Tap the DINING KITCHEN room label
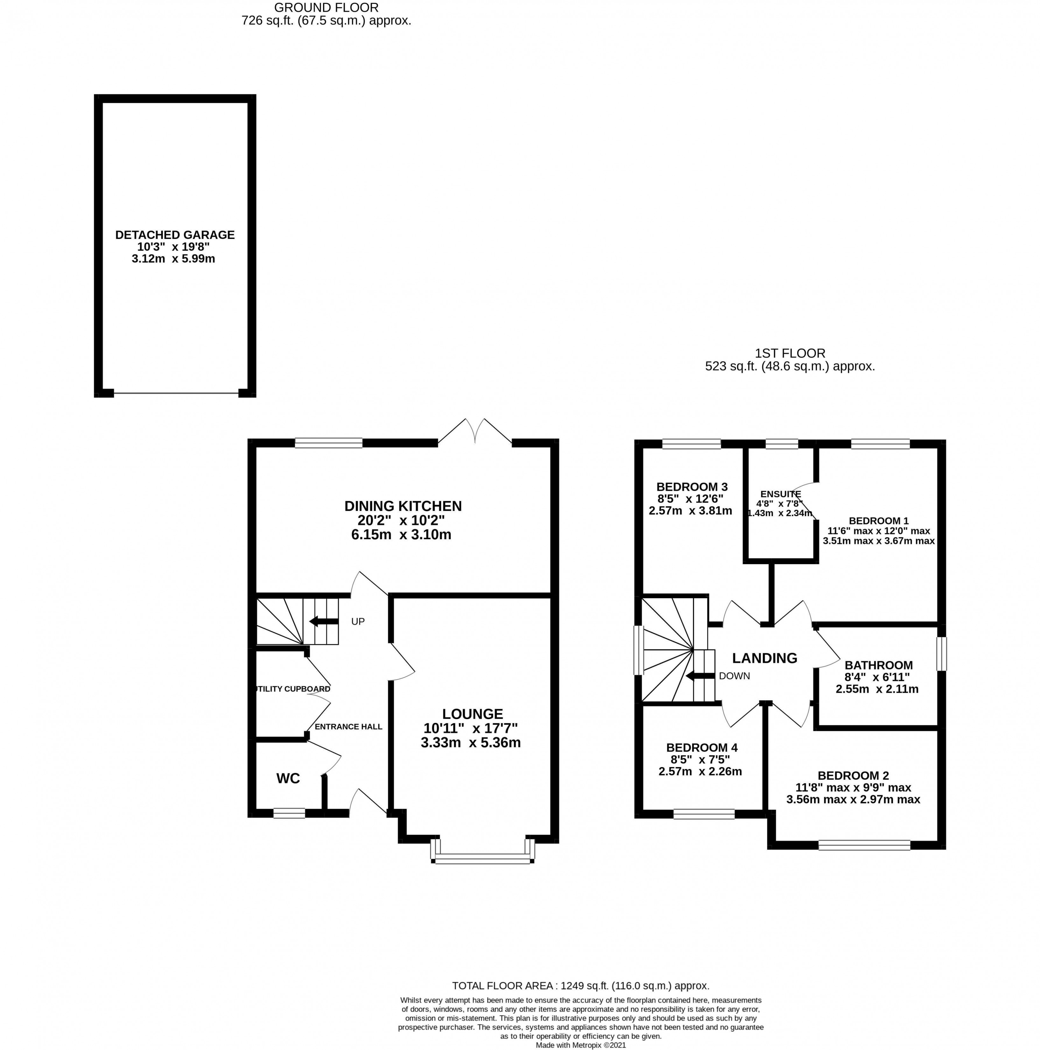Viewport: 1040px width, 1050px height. pyautogui.click(x=403, y=506)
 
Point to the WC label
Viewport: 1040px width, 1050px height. pyautogui.click(x=288, y=778)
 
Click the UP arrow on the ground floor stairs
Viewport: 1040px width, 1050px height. pyautogui.click(x=323, y=621)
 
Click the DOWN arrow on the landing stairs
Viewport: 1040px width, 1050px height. pyautogui.click(x=700, y=676)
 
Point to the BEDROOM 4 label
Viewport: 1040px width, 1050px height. pyautogui.click(x=701, y=748)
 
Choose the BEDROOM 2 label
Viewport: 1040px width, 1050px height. pyautogui.click(x=853, y=775)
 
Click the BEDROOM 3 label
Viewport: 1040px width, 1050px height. pyautogui.click(x=692, y=486)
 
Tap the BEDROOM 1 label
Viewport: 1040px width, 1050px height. pyautogui.click(x=879, y=521)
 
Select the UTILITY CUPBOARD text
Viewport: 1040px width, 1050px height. pyautogui.click(x=292, y=689)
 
